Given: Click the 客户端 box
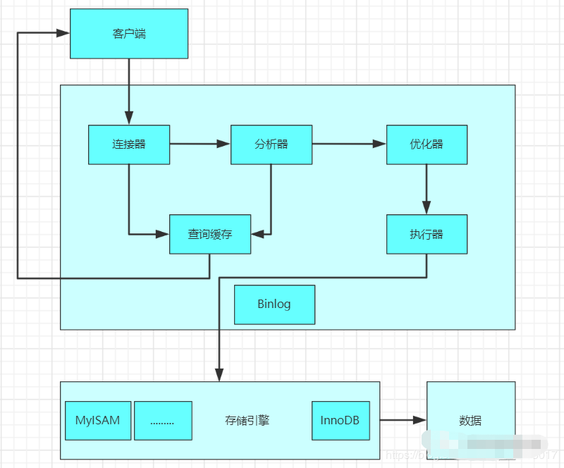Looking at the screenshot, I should pyautogui.click(x=128, y=34).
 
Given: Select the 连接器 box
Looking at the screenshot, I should pyautogui.click(x=128, y=144).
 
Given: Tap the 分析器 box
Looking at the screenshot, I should pyautogui.click(x=271, y=144).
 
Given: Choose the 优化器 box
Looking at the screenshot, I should pyautogui.click(x=427, y=144).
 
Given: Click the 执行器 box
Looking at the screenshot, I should pyautogui.click(x=427, y=234).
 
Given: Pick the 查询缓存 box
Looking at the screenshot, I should pyautogui.click(x=210, y=234).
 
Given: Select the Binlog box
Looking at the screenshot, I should pyautogui.click(x=274, y=304).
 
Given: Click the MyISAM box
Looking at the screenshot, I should pyautogui.click(x=97, y=421).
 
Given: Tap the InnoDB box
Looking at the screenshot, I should pyautogui.click(x=340, y=421).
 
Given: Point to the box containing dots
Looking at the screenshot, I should pyautogui.click(x=163, y=421).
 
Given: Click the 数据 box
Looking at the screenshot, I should pyautogui.click(x=470, y=421).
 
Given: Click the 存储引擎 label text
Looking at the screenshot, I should pyautogui.click(x=247, y=421).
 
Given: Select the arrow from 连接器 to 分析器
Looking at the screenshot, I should pyautogui.click(x=200, y=144).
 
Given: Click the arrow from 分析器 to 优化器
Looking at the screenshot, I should pyautogui.click(x=349, y=144).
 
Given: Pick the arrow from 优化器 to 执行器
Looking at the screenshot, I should pyautogui.click(x=427, y=189).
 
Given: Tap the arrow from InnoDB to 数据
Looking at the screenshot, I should pyautogui.click(x=403, y=421).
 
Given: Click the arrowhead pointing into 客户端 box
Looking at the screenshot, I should pyautogui.click(x=63, y=33).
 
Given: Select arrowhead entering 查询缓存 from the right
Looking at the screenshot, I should pyautogui.click(x=258, y=234).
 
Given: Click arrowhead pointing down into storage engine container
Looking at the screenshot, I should pyautogui.click(x=219, y=376).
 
